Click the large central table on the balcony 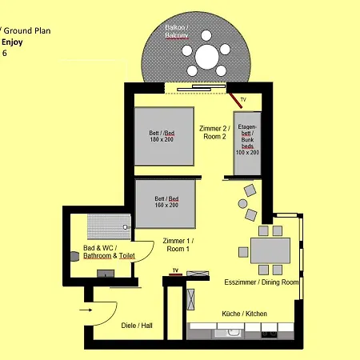207,57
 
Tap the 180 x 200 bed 164,136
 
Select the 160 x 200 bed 166,204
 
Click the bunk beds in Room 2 247,143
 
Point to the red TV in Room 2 236,101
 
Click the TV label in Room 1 175,270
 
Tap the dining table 270,250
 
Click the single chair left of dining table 243,252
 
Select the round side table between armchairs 242,204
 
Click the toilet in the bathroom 75,257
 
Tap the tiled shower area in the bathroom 109,226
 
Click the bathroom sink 106,274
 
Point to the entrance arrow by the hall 86,310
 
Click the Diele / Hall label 137,326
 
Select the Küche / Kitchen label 244,314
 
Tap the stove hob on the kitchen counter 269,334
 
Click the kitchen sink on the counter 229,334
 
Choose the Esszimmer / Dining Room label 262,282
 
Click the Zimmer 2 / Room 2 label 214,133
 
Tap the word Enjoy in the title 12,42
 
